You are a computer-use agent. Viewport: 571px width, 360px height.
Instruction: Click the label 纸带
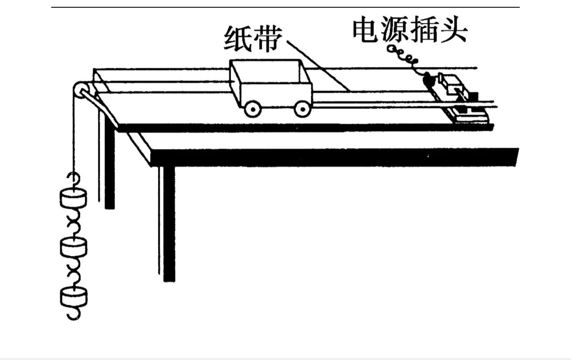252,38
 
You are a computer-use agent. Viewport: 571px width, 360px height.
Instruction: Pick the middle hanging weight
74,247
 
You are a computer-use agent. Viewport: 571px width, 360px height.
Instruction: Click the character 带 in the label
266,38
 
